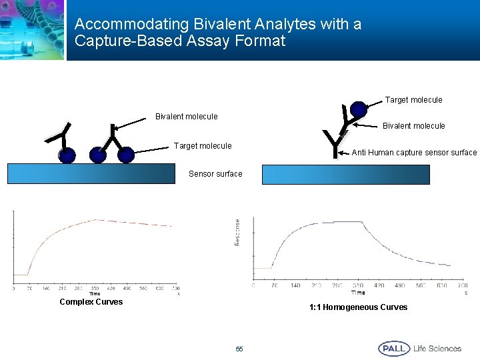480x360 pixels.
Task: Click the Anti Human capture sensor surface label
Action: [414, 153]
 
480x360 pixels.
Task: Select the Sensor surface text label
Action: [215, 174]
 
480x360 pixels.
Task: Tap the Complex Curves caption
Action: [91, 302]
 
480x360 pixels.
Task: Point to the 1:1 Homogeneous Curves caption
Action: [358, 307]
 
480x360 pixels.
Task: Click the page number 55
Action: [239, 349]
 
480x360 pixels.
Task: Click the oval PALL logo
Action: [394, 349]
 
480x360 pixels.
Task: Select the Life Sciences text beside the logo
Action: [437, 349]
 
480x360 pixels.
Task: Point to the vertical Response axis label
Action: [237, 232]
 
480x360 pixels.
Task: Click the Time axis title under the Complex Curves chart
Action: [95, 294]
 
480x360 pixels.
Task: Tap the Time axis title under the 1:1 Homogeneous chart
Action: [358, 293]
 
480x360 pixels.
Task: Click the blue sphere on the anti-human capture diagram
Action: [359, 109]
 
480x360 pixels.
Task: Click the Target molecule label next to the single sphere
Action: [413, 100]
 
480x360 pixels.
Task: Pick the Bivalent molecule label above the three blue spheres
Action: [186, 117]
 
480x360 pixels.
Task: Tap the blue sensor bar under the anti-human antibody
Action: [345, 175]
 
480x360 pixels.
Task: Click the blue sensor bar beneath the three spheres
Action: [91, 173]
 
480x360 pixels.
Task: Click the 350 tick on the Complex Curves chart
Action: [95, 289]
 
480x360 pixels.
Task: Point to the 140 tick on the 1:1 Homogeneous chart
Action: [295, 285]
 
